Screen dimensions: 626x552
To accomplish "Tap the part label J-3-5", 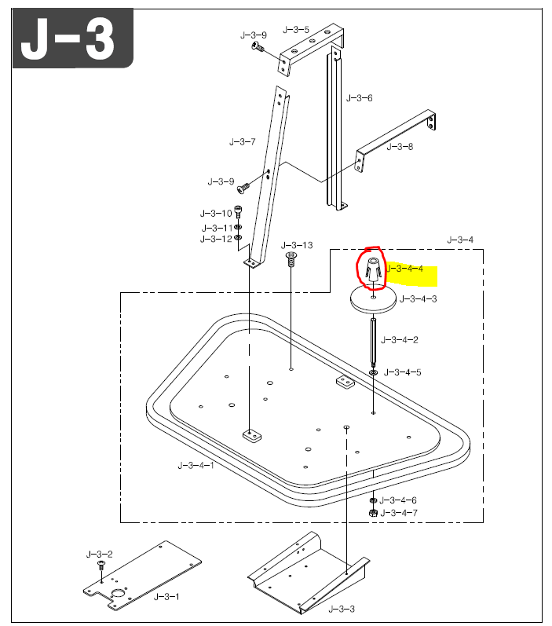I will [x=296, y=29].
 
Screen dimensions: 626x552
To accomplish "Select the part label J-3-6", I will [x=359, y=98].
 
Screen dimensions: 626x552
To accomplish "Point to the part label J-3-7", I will [x=242, y=142].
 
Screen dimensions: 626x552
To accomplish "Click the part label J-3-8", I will [x=400, y=147].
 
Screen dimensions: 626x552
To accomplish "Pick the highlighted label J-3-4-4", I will [x=405, y=269].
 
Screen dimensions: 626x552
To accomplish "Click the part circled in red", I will [x=373, y=269].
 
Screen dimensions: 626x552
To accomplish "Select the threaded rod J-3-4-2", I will [x=373, y=338].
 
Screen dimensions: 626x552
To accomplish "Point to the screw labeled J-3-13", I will [x=291, y=259].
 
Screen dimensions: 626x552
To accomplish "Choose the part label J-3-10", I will [x=216, y=213].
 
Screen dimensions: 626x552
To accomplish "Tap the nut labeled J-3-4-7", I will [x=373, y=512].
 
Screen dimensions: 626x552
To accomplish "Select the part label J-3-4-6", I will [x=398, y=500].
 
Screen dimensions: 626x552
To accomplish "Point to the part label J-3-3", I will [x=342, y=609].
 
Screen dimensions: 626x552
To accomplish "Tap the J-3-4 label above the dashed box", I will [x=460, y=239].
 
